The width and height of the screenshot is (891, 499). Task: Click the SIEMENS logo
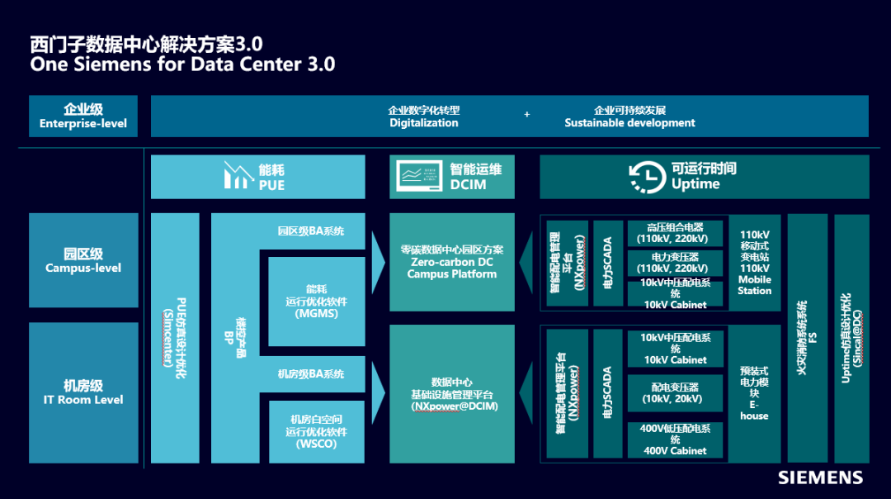820,478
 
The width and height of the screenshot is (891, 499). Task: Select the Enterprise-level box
83,116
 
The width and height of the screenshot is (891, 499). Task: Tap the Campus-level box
83,260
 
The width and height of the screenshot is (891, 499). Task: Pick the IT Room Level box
83,392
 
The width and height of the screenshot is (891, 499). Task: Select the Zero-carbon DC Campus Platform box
451,262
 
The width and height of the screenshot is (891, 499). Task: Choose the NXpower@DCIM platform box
451,394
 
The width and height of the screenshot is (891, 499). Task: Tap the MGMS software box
315,301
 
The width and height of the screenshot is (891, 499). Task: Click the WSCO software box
315,431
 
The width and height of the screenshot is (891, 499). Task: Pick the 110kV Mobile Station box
754,262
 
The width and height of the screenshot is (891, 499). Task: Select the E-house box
754,393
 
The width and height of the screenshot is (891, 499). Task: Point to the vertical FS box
807,338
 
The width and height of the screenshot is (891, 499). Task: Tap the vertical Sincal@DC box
851,338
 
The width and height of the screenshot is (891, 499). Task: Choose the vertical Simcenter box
175,338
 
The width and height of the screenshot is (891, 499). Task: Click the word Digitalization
424,123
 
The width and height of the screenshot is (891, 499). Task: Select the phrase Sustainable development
629,123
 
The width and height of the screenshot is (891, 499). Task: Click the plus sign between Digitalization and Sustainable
527,115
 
